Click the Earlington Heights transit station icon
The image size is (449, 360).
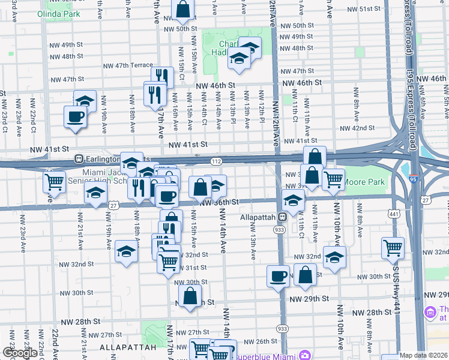tap(78, 159)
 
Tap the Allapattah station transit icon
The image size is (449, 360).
tap(281, 217)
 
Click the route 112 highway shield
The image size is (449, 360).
tap(217, 161)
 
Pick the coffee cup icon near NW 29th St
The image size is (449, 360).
tap(278, 275)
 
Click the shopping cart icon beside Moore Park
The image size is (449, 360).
tap(333, 178)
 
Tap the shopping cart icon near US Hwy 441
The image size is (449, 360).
tap(393, 246)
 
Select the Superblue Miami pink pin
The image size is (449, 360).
tap(304, 355)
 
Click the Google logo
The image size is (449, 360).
tap(20, 353)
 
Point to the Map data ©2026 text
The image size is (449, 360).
tap(423, 355)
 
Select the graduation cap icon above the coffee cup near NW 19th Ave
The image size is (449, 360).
tap(85, 100)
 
